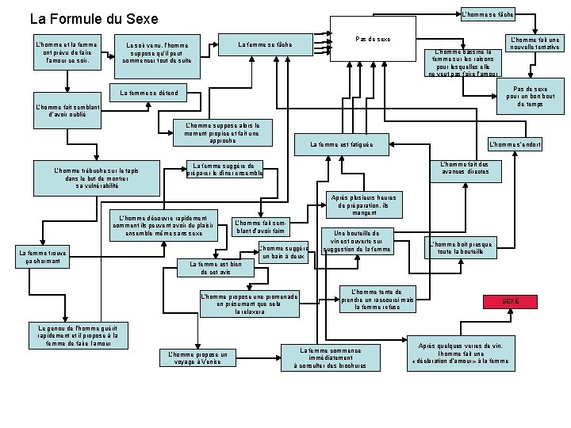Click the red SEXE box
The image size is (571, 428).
coord(511,302)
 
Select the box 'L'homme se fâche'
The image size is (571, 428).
coord(488,14)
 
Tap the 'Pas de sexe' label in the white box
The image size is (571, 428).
coord(373,39)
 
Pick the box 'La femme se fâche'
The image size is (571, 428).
coord(265,44)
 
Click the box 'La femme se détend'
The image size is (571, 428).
coord(148,94)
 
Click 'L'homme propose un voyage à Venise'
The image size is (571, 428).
coord(195,357)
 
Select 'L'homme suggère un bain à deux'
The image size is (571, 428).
coord(284,253)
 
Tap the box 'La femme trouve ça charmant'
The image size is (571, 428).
coord(44,255)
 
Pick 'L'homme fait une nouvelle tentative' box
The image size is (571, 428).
coord(535,43)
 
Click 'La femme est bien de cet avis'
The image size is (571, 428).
coord(211,269)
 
